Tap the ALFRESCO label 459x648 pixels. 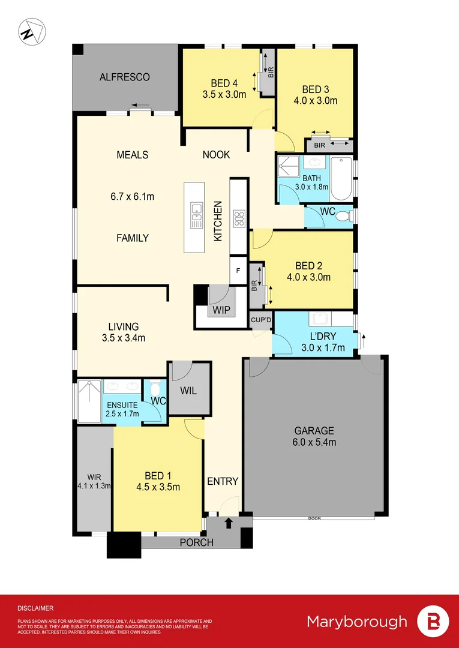(x=125, y=77)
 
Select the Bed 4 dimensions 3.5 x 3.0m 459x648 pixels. (x=225, y=94)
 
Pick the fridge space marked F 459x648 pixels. (x=238, y=271)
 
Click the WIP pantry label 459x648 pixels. (x=220, y=311)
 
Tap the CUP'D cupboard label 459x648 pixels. (x=261, y=320)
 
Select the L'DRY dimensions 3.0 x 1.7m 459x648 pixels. (x=323, y=347)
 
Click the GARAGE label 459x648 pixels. (x=314, y=431)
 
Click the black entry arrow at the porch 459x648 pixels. (x=228, y=524)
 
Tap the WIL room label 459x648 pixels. (x=188, y=390)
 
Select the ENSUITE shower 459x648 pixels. (x=90, y=401)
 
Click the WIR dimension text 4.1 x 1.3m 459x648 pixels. (x=94, y=486)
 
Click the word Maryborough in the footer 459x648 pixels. (x=356, y=622)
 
